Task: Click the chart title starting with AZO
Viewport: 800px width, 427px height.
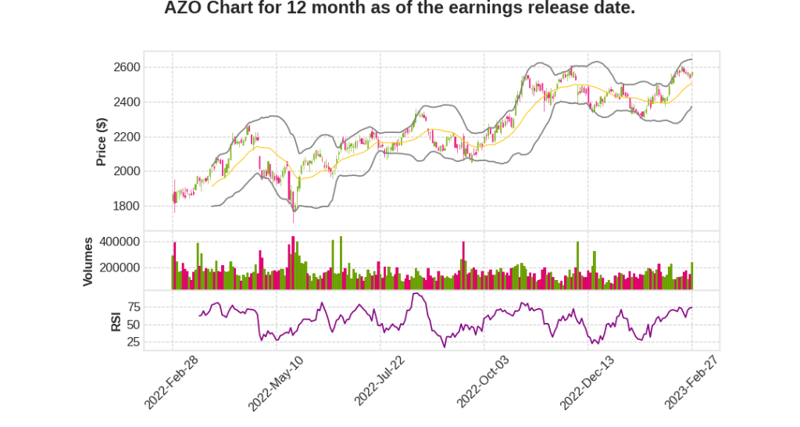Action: tap(399, 9)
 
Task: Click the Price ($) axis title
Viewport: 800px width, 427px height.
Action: tap(101, 142)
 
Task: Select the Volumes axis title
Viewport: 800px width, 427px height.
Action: tap(88, 261)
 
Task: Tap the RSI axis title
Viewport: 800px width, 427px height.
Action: tap(116, 321)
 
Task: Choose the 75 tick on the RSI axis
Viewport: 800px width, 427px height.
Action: tap(133, 307)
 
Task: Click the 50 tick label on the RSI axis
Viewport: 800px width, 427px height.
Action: tap(133, 325)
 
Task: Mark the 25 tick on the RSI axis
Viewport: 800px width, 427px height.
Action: tap(133, 342)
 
